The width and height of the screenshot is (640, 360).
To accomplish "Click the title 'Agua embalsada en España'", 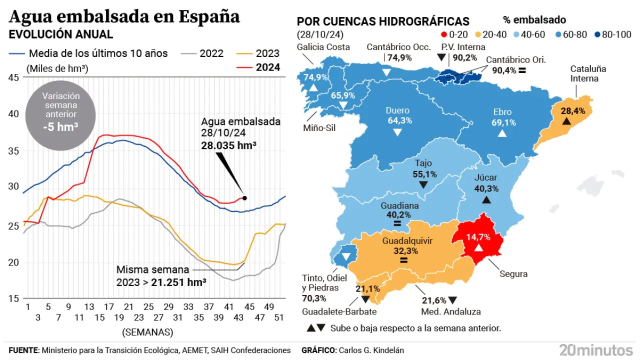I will (124, 16).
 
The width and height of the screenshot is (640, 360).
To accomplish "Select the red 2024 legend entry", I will (268, 67).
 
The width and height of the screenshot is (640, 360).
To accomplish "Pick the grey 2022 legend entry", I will (211, 53).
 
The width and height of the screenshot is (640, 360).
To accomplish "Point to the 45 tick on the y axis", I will (13, 77).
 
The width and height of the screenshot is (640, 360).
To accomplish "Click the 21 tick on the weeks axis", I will (128, 306).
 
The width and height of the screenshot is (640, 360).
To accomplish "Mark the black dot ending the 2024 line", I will (244, 198).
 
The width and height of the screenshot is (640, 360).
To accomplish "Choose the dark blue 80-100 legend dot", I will (597, 34).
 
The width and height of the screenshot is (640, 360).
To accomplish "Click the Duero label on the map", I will (397, 110).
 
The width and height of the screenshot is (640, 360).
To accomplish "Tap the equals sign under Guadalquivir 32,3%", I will (403, 260).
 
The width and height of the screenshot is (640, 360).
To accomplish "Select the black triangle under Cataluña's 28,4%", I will (566, 121).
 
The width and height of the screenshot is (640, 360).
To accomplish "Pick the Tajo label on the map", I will (423, 163).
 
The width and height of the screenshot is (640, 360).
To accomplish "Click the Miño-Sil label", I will (319, 128).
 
